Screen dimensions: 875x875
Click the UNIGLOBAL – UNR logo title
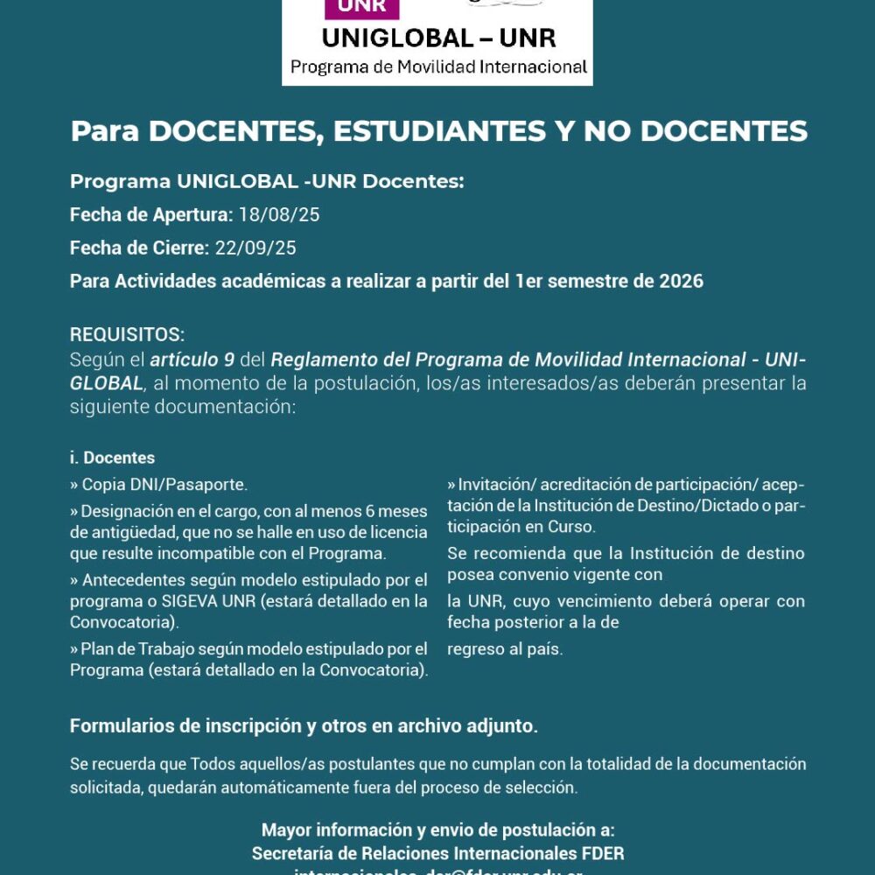click(438, 38)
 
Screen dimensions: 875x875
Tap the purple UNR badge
click(361, 8)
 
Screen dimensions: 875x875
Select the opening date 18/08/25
click(273, 214)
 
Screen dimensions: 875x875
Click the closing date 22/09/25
click(255, 248)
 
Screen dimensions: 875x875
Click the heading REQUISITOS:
click(128, 335)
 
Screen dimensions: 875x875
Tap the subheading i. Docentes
click(112, 458)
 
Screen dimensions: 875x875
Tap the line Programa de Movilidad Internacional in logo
click(438, 67)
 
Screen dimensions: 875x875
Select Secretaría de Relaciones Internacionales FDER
click(437, 853)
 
